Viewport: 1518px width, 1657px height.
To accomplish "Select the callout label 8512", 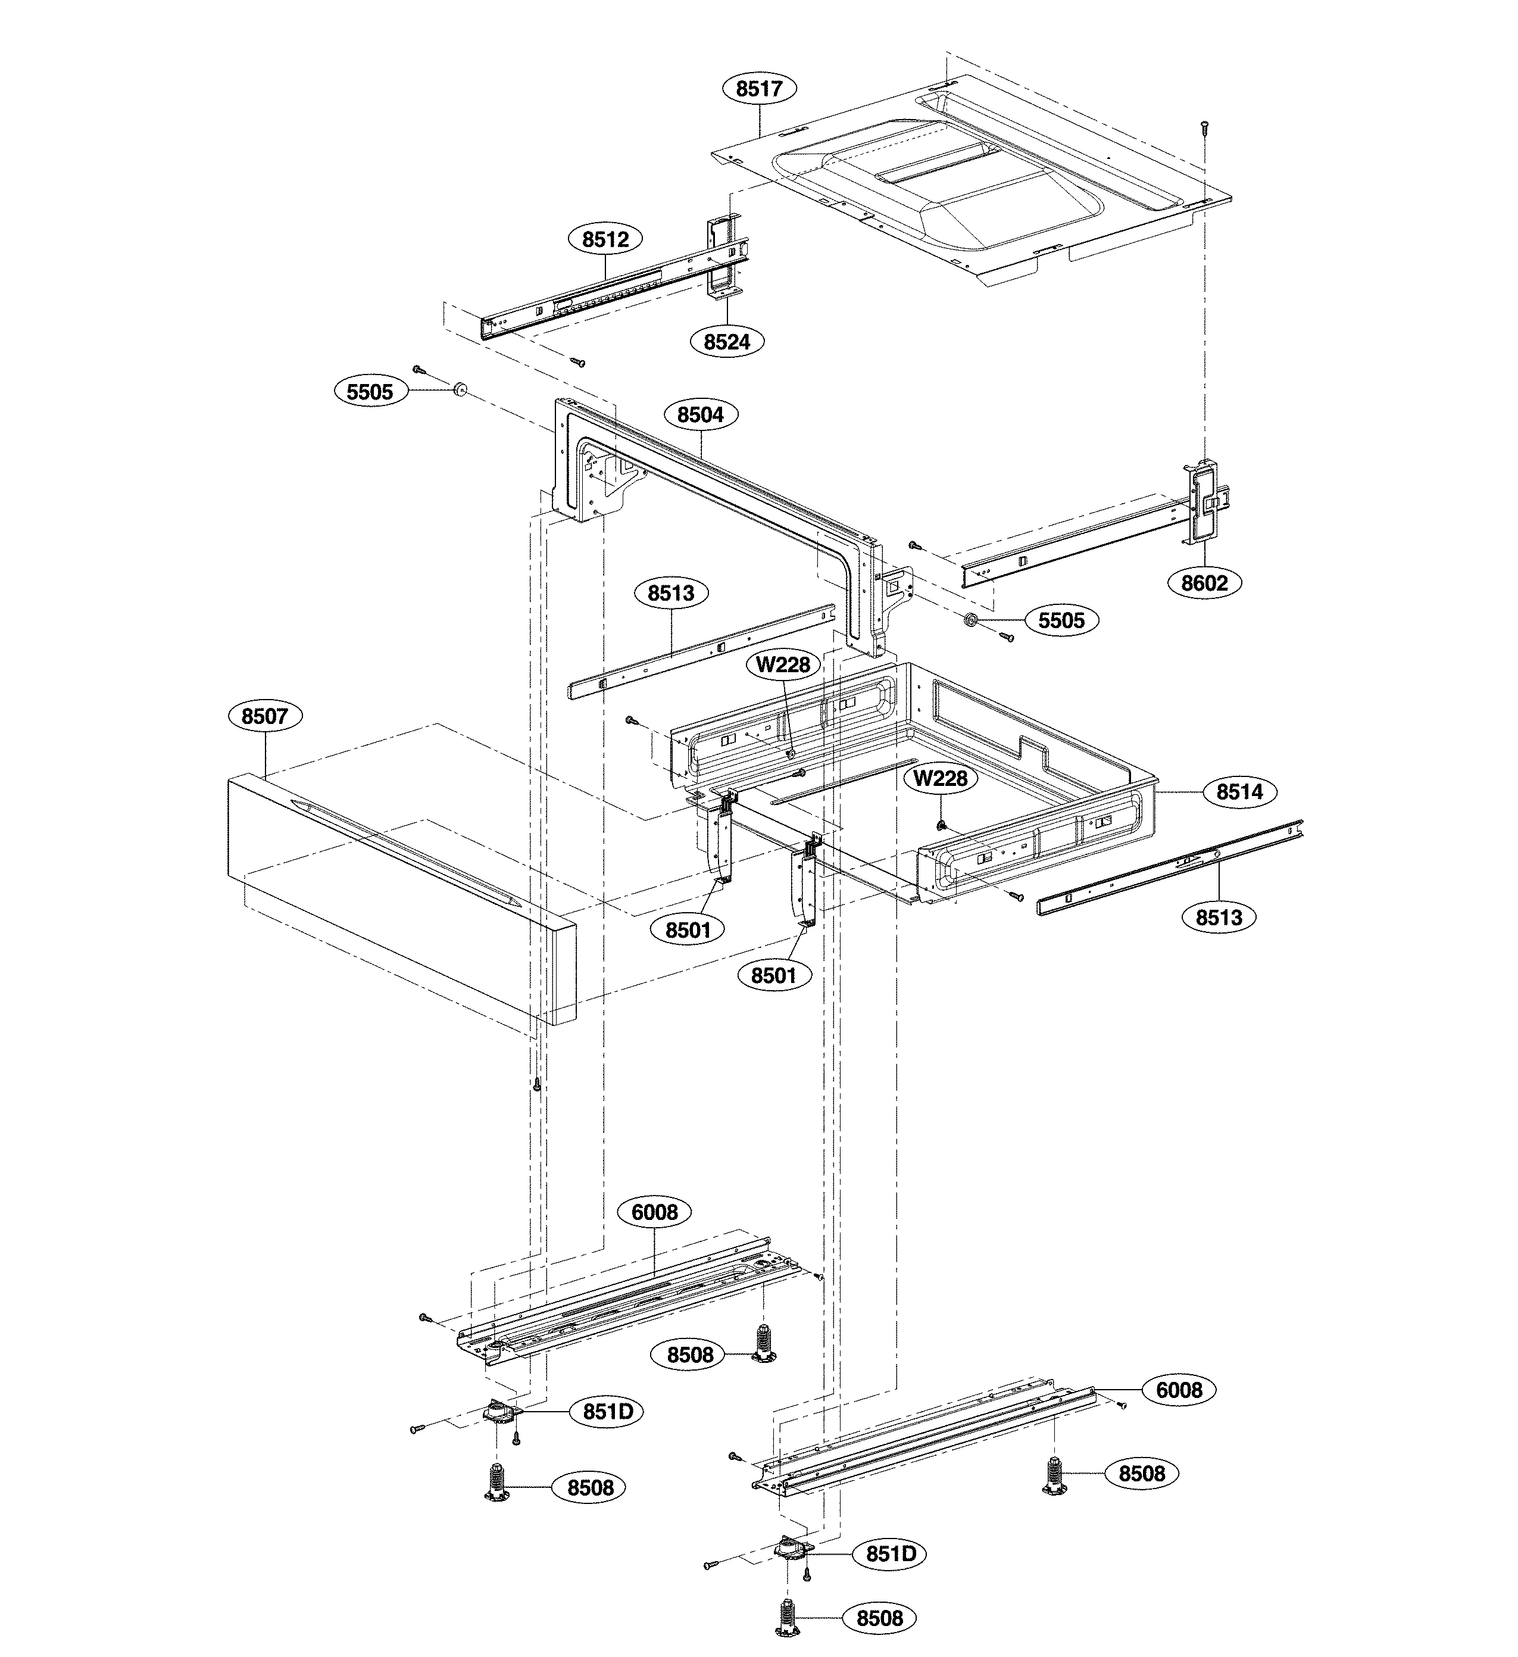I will (605, 239).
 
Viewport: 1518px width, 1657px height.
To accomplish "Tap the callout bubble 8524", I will (726, 341).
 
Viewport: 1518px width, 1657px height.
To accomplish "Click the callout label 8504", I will (700, 415).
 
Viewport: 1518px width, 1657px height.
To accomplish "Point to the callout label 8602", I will (1204, 583).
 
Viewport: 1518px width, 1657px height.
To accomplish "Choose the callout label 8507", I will (265, 716).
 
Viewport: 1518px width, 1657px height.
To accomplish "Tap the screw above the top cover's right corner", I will (1204, 127).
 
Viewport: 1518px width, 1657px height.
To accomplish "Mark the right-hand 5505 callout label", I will (1061, 620).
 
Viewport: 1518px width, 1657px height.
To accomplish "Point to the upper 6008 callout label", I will (654, 1212).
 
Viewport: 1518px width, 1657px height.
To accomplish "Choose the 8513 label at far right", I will (1218, 918).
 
